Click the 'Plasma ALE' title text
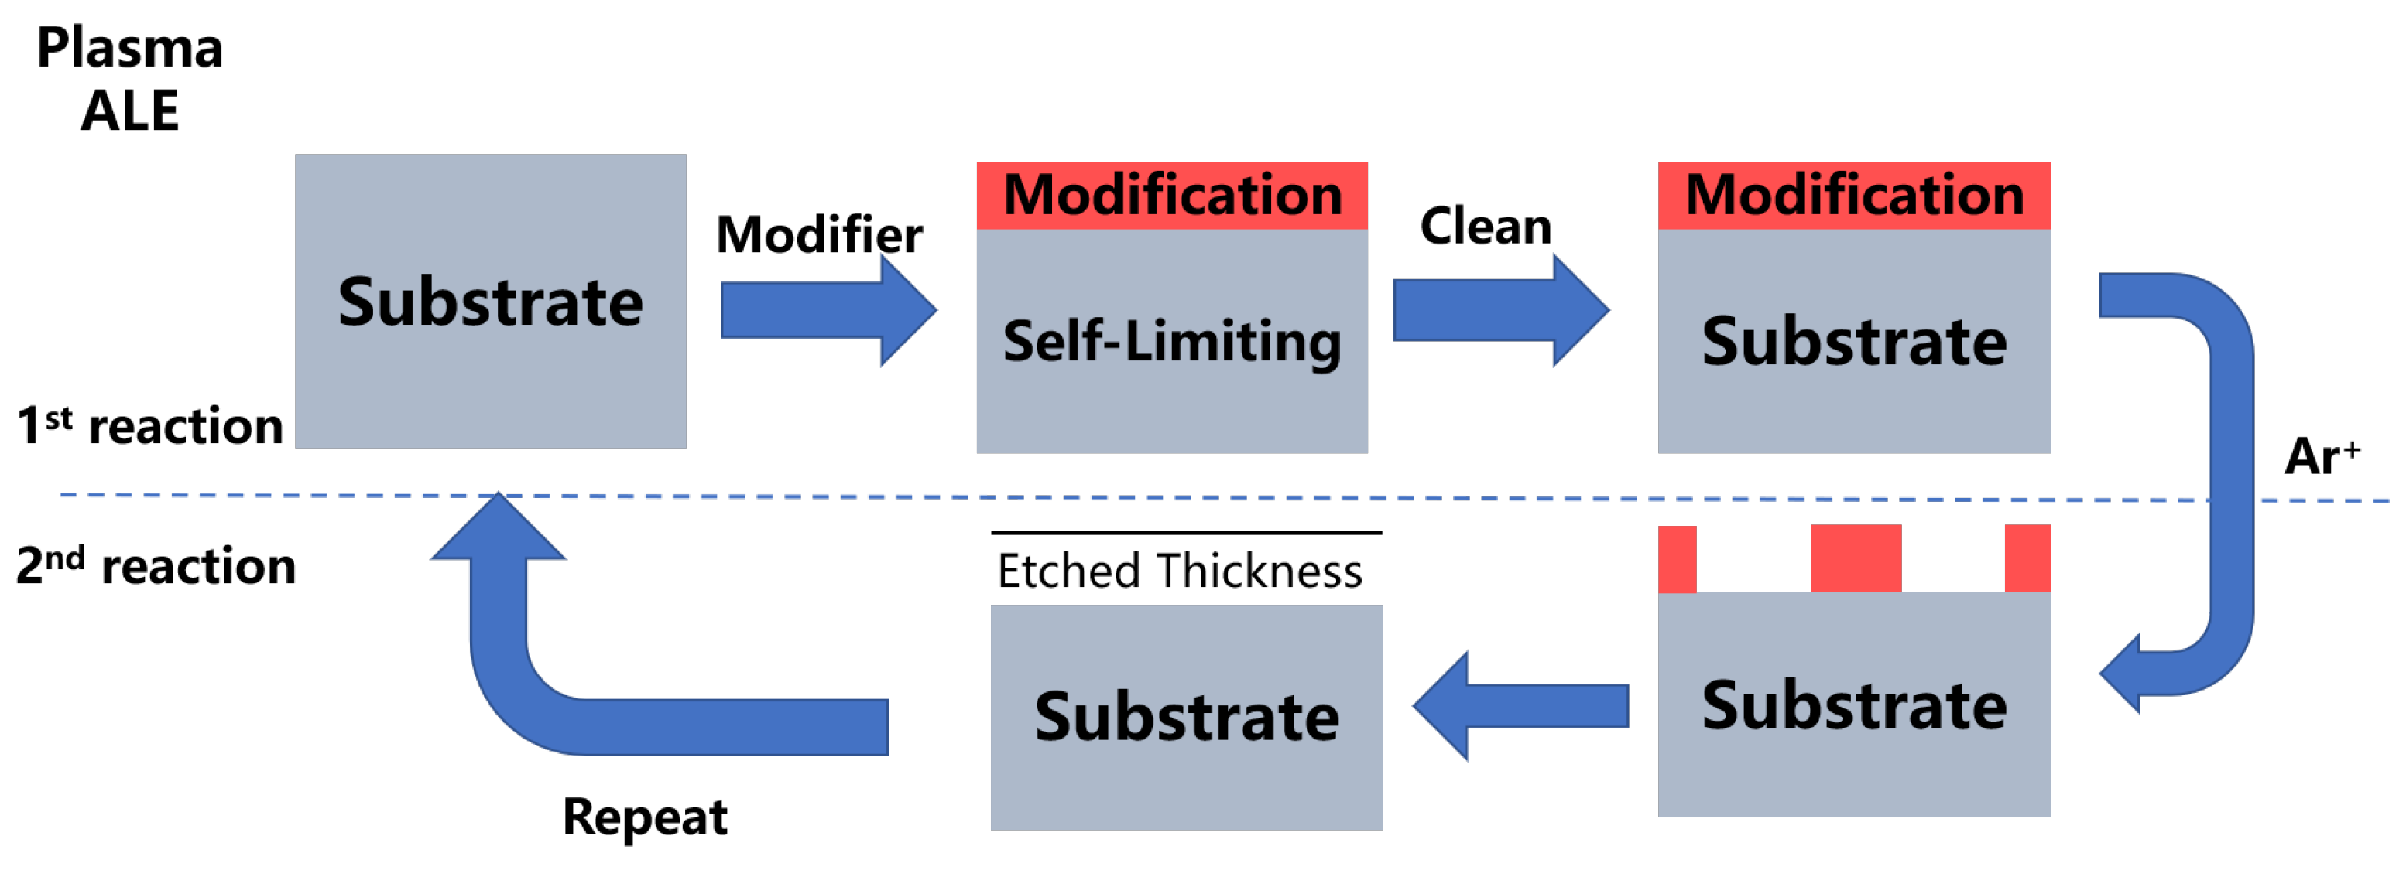[x=130, y=80]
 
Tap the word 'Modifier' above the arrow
[x=818, y=234]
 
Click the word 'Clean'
[x=1485, y=226]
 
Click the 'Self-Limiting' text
[x=1172, y=341]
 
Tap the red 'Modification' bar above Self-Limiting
[x=1172, y=195]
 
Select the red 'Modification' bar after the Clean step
[x=1854, y=195]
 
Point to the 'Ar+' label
[x=2321, y=456]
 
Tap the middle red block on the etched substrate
[x=1856, y=558]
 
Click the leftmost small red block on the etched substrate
[x=1678, y=559]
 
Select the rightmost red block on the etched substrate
[x=2027, y=558]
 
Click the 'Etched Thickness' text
[x=1180, y=571]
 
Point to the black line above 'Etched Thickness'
[x=1186, y=533]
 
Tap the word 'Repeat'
[x=644, y=817]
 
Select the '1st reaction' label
[x=149, y=425]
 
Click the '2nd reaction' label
[x=156, y=565]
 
